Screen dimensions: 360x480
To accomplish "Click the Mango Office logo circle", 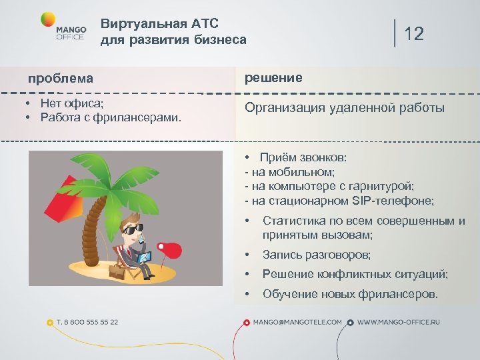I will tap(49, 19).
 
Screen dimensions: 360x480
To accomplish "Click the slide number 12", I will tap(413, 34).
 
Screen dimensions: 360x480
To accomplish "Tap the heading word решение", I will tap(273, 78).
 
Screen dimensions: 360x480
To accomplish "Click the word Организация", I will tap(283, 108).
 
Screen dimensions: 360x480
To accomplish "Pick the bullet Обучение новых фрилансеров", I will tap(350, 294).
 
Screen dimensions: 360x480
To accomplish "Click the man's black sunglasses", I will tap(133, 228).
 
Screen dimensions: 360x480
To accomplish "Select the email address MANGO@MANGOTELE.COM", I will tap(297, 322).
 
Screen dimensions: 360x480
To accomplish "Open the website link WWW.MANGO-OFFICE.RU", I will tap(399, 322).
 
